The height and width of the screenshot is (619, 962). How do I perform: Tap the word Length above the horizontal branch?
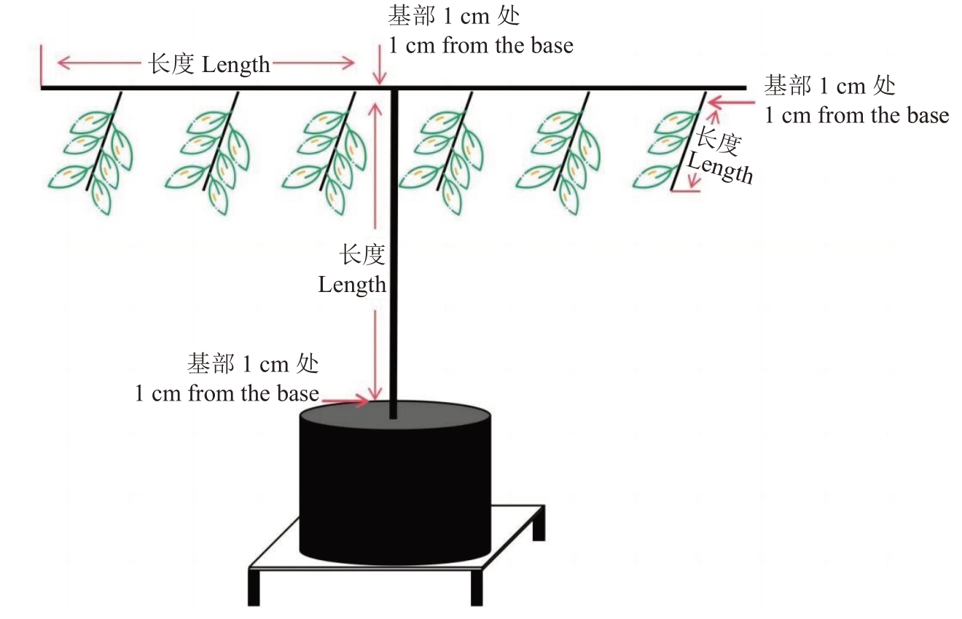tap(236, 66)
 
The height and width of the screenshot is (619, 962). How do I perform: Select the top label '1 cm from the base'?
tap(481, 45)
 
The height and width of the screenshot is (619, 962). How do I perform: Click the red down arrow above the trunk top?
tap(380, 65)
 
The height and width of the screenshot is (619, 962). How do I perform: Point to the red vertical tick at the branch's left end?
tap(42, 66)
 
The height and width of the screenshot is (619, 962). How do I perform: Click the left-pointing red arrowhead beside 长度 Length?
tap(63, 63)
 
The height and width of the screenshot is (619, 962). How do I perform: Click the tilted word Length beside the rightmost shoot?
tap(720, 168)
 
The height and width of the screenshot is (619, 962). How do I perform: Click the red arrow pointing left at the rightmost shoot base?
tap(731, 103)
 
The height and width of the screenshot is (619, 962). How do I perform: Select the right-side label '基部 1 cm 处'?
tap(829, 85)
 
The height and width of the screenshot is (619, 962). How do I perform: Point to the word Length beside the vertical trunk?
tap(352, 285)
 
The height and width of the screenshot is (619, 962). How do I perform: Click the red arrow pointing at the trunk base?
tap(345, 401)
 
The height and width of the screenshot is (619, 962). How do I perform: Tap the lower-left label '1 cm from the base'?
tap(227, 393)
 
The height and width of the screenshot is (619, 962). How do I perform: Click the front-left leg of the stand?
tap(254, 587)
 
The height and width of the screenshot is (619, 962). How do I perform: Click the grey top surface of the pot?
tap(395, 414)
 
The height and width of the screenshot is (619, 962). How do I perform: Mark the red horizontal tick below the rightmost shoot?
tap(686, 191)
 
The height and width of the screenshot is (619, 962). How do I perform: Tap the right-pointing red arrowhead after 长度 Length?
tap(348, 63)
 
